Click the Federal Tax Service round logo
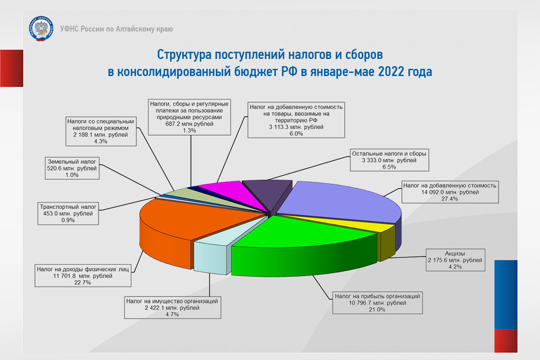coord(41,29)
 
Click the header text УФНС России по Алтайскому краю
coord(117,29)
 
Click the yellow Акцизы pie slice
coord(383,231)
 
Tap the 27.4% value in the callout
coord(450,199)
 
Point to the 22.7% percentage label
coord(82,283)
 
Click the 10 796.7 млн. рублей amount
coord(377,303)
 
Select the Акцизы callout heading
coord(455,253)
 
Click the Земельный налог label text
coord(72,162)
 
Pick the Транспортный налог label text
coord(68,207)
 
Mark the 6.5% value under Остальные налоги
coord(389,167)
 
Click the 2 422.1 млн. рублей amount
coord(172,308)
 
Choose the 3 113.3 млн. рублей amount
coord(296,127)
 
